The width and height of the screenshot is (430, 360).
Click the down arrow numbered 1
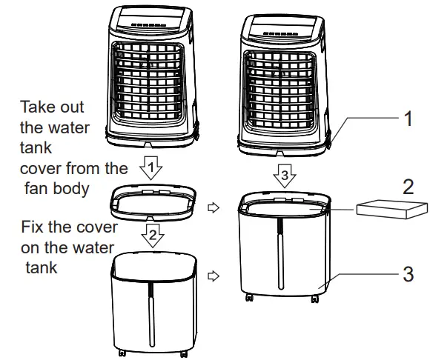click(151, 169)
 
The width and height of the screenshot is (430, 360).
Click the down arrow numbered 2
click(151, 236)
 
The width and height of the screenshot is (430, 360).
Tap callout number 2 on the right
click(408, 187)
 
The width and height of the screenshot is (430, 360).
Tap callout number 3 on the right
click(407, 275)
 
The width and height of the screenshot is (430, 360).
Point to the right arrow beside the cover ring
click(215, 209)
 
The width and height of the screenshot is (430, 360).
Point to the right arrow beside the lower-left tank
click(215, 276)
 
